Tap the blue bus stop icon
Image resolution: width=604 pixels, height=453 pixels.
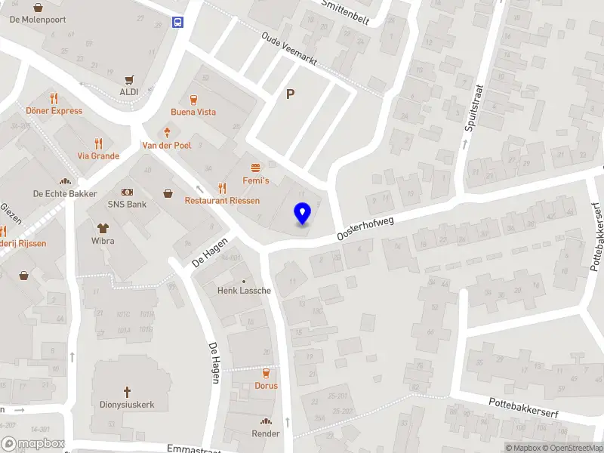click(x=178, y=22)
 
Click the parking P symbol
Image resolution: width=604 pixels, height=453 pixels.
click(x=290, y=94)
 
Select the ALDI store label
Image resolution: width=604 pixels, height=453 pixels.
click(x=128, y=91)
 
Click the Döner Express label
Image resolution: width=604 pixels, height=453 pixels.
click(x=54, y=111)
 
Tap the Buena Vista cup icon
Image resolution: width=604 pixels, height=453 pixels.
click(x=193, y=98)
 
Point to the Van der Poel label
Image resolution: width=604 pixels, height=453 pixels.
click(x=167, y=145)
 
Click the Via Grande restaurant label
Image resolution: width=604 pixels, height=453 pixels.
click(x=98, y=156)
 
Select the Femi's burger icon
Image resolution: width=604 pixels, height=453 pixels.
click(x=255, y=167)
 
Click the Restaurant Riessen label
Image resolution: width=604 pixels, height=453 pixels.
click(x=222, y=201)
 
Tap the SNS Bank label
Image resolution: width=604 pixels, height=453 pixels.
click(x=127, y=205)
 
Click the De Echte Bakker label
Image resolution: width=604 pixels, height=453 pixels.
click(x=65, y=194)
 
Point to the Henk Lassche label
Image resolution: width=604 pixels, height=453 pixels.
click(x=243, y=291)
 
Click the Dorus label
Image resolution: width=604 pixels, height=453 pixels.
click(x=266, y=386)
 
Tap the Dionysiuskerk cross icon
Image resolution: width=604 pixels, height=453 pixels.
click(x=127, y=392)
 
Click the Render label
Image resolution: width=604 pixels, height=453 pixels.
click(x=266, y=433)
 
